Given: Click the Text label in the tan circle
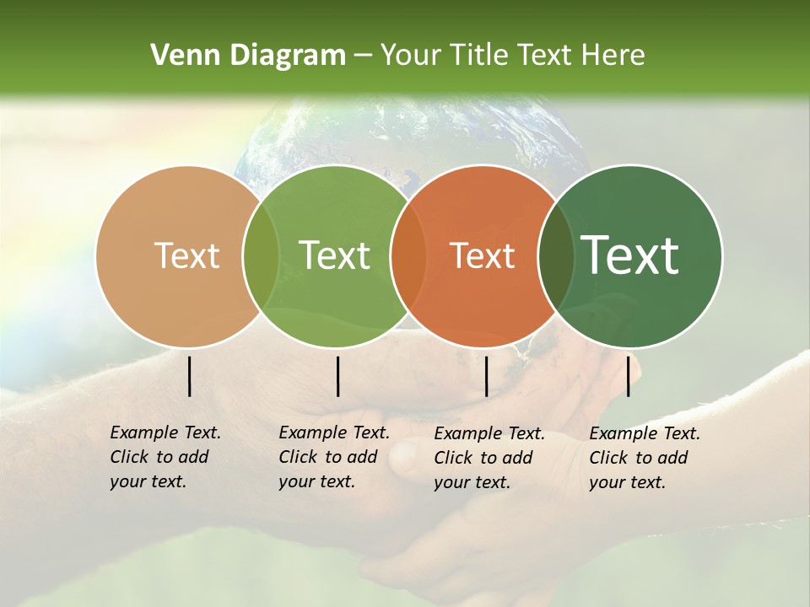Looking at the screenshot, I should point(186,256).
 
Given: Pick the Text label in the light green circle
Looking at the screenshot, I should point(334,256).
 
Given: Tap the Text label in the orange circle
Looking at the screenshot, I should point(482,256).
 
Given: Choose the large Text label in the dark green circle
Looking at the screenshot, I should point(629,256).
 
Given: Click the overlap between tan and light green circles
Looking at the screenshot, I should point(261,256).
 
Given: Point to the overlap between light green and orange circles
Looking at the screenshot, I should point(408,256).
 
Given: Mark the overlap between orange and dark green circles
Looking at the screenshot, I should point(556,256).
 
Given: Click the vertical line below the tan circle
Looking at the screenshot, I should point(190,376).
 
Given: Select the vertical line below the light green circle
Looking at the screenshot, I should point(337,376).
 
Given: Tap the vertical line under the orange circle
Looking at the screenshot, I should point(486,376).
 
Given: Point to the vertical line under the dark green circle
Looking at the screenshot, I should point(628,376).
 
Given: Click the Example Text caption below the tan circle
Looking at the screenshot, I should point(165,457).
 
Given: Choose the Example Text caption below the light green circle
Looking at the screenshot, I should point(333,457).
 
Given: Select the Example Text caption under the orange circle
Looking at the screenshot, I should point(489,458).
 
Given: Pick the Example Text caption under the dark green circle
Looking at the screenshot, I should point(644,458).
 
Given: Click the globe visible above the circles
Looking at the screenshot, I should point(405,135).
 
